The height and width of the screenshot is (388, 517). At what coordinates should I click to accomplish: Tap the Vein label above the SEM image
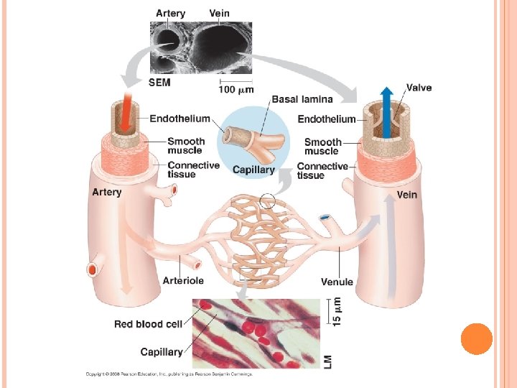[x=220, y=13]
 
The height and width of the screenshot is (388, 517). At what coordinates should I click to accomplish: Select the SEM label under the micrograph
[x=160, y=83]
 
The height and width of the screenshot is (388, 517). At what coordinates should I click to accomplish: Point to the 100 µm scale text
[x=236, y=89]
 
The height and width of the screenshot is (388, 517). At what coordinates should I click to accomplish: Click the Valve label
[x=419, y=88]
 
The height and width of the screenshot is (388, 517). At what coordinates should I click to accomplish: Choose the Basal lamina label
[x=302, y=99]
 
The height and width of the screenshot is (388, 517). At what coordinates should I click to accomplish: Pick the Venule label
[x=337, y=282]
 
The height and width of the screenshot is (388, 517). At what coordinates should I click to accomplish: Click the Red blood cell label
[x=148, y=324]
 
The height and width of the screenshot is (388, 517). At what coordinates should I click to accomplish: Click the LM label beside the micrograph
[x=328, y=362]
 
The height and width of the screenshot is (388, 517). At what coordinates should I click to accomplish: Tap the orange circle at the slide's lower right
[x=476, y=339]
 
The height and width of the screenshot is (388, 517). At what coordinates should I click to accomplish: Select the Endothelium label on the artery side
[x=180, y=119]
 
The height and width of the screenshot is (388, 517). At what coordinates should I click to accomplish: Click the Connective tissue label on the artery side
[x=193, y=170]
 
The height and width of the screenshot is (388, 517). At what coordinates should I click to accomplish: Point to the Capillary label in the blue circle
[x=253, y=170]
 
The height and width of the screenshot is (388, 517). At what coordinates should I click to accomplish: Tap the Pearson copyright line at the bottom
[x=169, y=374]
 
